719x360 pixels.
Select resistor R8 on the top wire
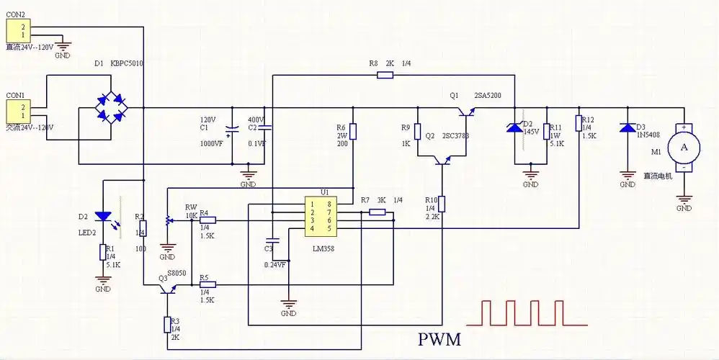385,73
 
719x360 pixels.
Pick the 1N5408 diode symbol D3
628,128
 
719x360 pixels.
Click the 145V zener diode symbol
514,127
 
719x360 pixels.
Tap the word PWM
439,338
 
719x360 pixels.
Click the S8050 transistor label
178,273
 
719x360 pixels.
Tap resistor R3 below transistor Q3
167,324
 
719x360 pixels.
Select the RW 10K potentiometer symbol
169,220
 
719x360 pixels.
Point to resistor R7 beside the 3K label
377,212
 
